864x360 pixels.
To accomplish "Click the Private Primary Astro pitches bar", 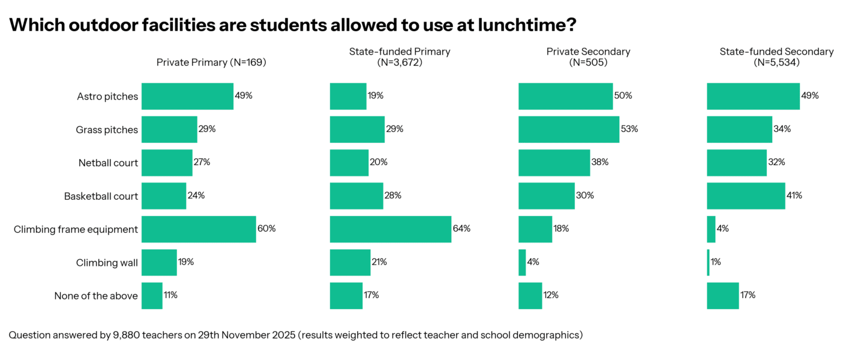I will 187,96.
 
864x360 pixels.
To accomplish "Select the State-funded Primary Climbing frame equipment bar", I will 390,229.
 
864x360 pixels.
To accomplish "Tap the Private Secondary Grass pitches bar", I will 568,130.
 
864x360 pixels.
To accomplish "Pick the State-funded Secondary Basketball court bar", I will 746,196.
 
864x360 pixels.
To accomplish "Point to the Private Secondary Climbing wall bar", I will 522,262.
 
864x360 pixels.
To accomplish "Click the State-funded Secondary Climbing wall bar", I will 708,262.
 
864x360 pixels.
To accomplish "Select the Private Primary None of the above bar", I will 152,295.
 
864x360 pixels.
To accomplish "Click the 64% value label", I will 462,229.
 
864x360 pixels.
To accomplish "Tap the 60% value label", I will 267,229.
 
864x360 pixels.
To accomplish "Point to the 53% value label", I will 630,130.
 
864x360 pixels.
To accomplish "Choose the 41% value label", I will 795,196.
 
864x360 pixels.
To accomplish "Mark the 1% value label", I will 716,262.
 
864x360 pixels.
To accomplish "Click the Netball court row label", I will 108,163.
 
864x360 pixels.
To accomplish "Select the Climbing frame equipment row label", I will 76,229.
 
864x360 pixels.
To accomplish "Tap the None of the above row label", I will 96,296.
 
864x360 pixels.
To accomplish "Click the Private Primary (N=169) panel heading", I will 211,62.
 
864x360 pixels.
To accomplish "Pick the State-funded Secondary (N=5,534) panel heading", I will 776,56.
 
